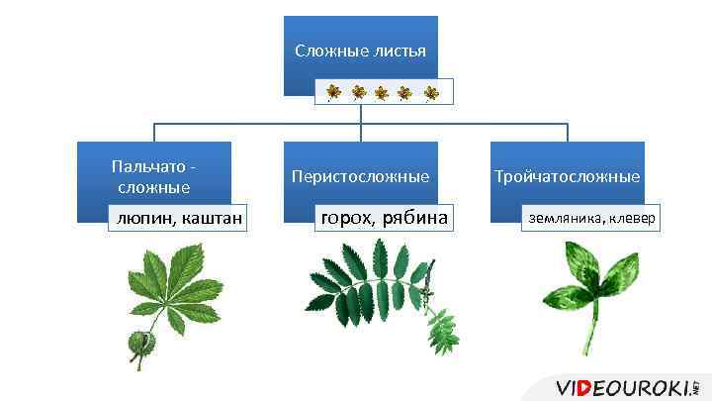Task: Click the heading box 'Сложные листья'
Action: tap(360, 50)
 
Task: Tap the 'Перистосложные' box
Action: tap(360, 176)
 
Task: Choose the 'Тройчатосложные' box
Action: tap(568, 176)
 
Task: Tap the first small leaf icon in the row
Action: tap(333, 93)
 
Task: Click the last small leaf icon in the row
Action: tap(431, 93)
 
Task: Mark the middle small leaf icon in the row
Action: tap(382, 93)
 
